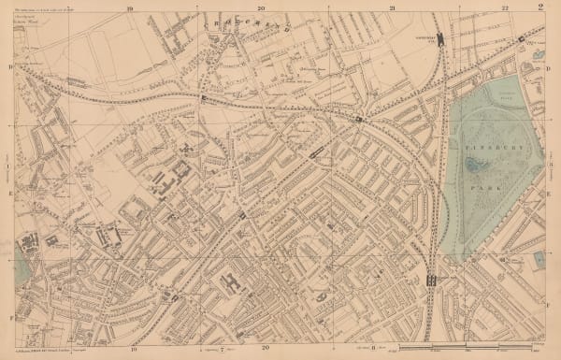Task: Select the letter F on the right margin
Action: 549,303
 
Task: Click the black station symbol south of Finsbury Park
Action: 431,280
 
